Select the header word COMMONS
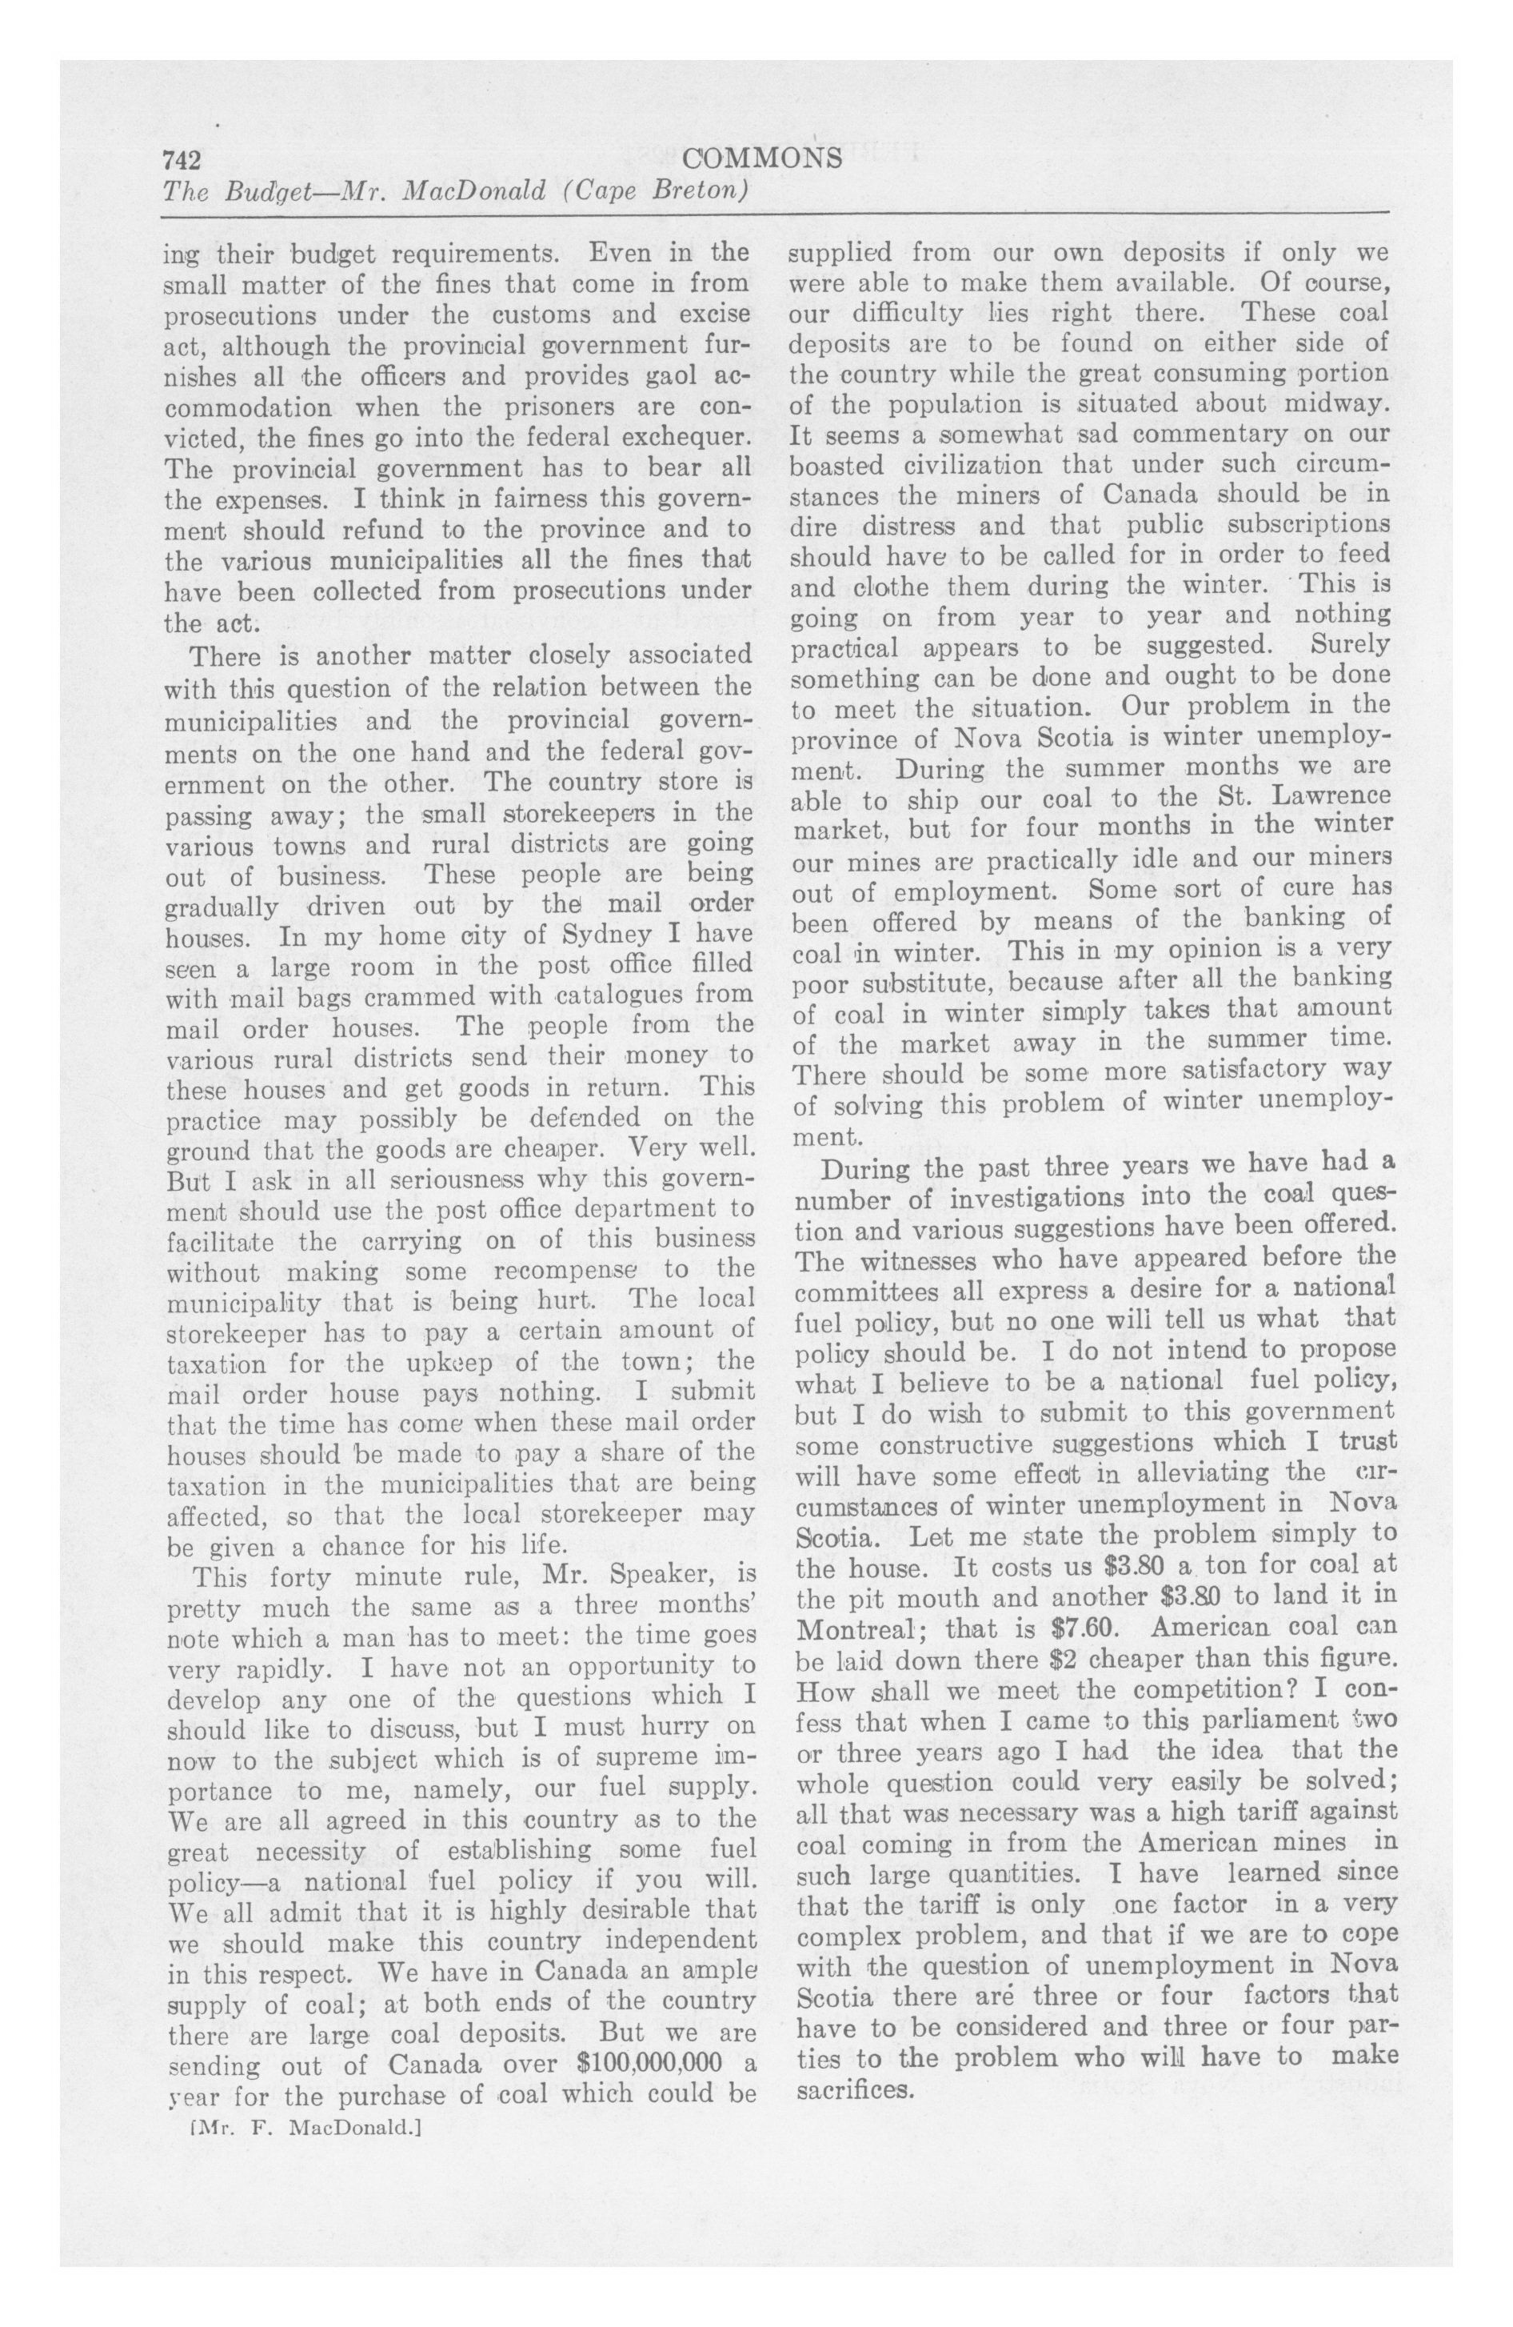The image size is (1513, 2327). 764,158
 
